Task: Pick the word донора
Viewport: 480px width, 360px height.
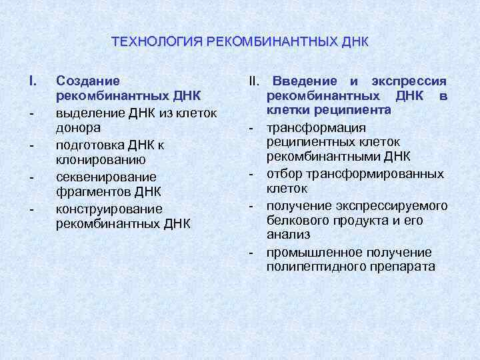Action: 78,127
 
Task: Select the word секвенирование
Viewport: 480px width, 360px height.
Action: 107,177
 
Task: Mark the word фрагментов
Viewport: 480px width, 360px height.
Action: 94,193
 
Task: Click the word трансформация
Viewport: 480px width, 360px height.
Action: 315,127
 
